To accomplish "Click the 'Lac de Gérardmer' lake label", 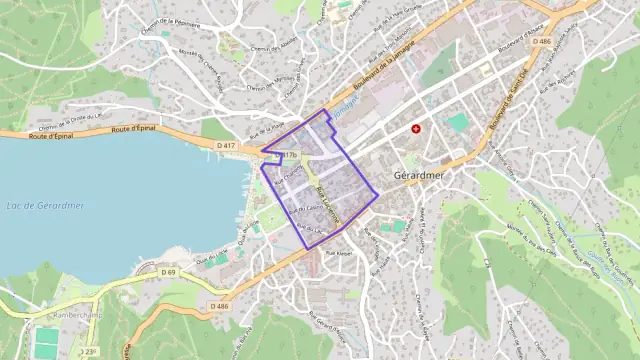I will click(x=45, y=206).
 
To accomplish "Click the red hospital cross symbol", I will click(x=416, y=129).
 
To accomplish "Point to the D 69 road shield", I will click(x=168, y=272).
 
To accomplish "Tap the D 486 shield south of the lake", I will click(x=221, y=306).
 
